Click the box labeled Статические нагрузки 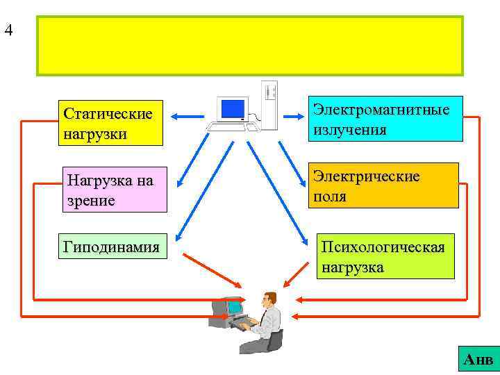[x=110, y=122]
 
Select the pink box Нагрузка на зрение [x=114, y=189]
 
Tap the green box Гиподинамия [x=112, y=247]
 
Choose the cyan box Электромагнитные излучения [x=385, y=118]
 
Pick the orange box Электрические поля [x=384, y=185]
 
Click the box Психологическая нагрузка [x=385, y=256]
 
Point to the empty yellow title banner [x=250, y=46]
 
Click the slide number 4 [x=8, y=31]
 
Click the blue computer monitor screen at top [x=232, y=108]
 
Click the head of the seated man [x=269, y=299]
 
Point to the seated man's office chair [x=275, y=340]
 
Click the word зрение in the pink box [x=89, y=201]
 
